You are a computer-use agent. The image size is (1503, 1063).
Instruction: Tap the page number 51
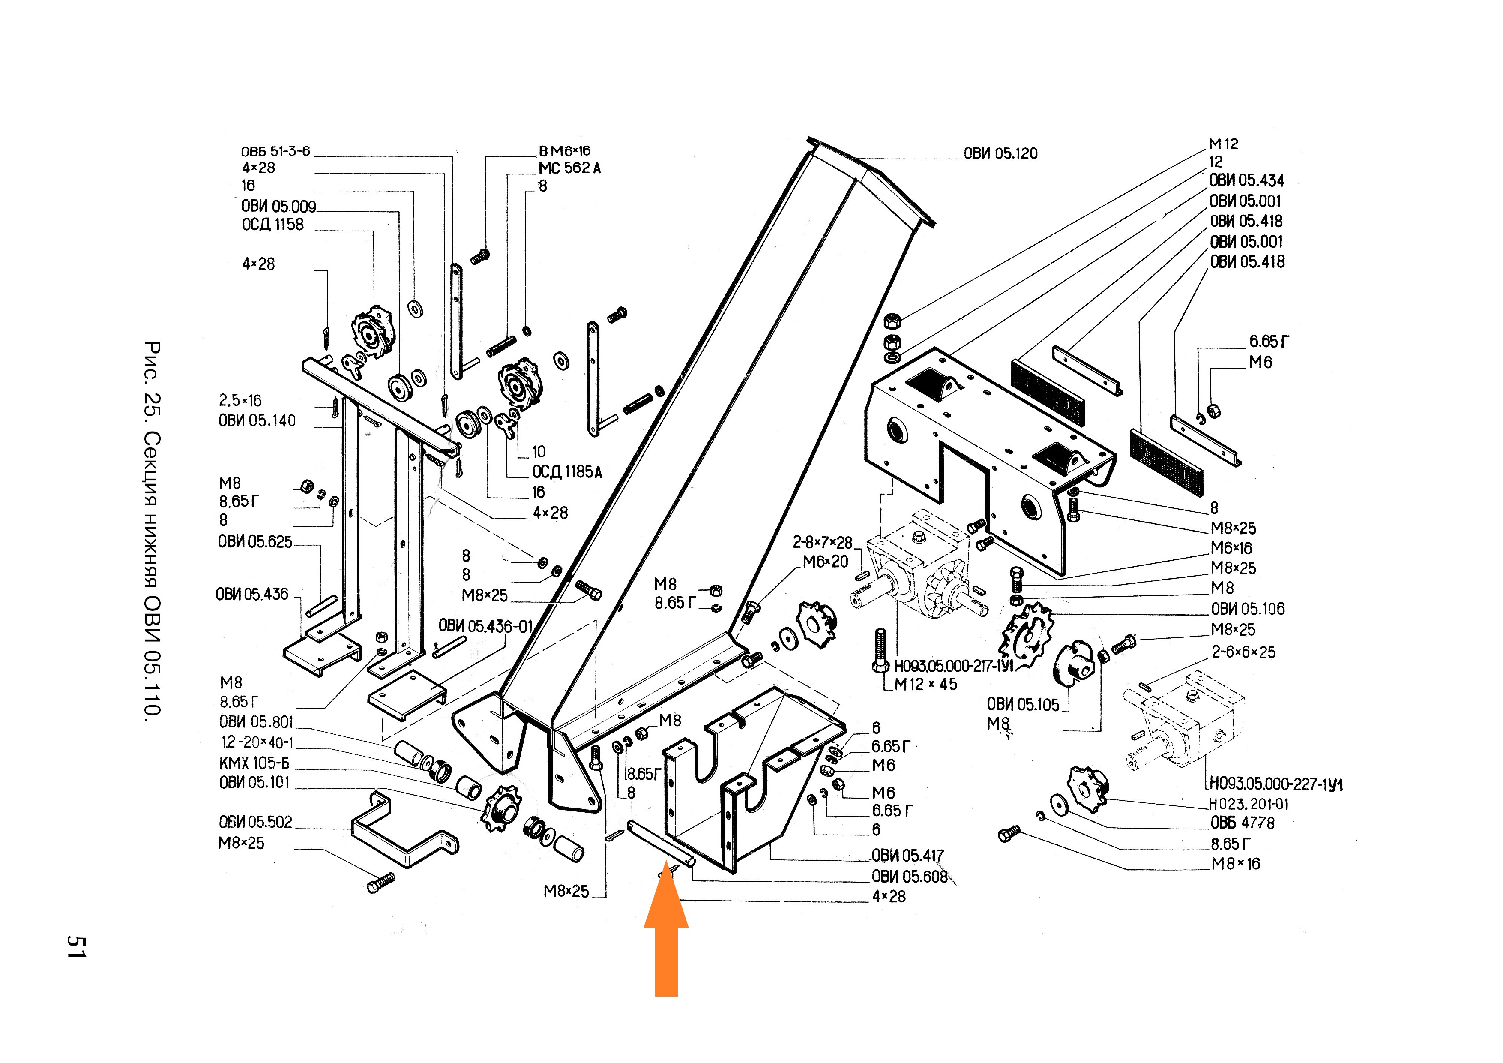(x=77, y=946)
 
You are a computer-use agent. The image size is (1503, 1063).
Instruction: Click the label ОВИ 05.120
(x=1000, y=154)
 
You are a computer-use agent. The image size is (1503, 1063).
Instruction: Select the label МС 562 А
(x=569, y=168)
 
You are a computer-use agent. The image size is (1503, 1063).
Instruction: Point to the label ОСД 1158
(x=272, y=225)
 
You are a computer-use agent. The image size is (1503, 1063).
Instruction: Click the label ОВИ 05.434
(x=1246, y=181)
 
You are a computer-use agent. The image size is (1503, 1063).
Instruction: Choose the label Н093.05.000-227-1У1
(x=1275, y=784)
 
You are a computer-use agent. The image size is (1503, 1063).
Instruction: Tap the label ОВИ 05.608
(x=909, y=877)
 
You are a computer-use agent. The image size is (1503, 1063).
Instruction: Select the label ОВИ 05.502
(x=255, y=823)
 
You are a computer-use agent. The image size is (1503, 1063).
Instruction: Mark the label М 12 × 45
(x=925, y=685)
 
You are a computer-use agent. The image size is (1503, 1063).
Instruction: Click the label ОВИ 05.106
(x=1248, y=609)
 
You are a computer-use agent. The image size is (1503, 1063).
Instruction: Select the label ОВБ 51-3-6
(x=275, y=151)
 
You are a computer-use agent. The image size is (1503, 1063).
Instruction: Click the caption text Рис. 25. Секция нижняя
(x=151, y=459)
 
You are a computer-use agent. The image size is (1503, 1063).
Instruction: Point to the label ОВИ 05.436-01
(x=486, y=626)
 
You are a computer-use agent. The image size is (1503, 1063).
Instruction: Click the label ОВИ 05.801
(x=256, y=722)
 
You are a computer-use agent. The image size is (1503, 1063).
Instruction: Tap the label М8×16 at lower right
(x=1235, y=864)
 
